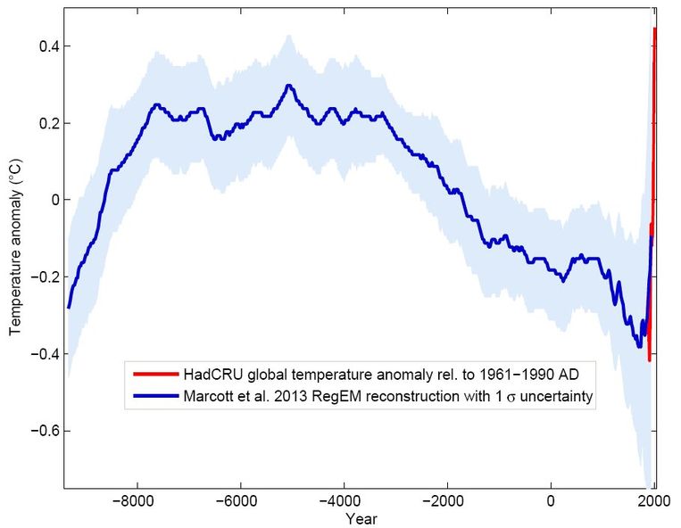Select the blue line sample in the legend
click(154, 393)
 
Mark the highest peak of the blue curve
click(288, 86)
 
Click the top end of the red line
click(655, 29)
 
